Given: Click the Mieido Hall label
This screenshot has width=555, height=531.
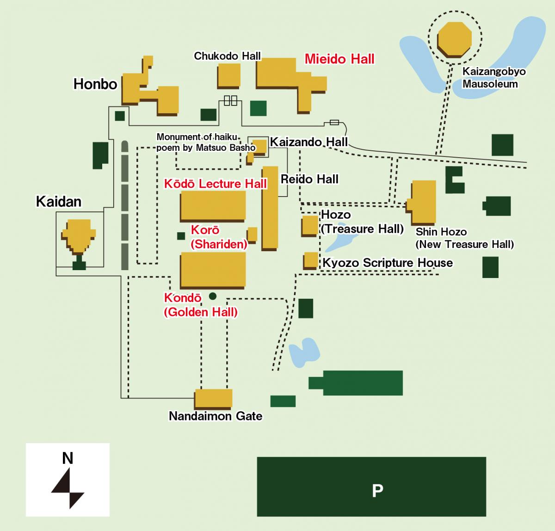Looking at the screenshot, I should coord(339,59).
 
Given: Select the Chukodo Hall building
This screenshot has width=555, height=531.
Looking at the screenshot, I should coord(229,75).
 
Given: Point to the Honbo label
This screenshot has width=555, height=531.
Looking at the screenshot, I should coord(95,84).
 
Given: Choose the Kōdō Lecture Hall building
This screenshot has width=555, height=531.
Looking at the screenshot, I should coord(213,205).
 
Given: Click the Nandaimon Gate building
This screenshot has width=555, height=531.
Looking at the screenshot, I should coord(213,398).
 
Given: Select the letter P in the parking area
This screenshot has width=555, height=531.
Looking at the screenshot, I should coord(377,490).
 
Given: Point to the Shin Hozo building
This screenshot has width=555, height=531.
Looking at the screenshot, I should coord(423,202).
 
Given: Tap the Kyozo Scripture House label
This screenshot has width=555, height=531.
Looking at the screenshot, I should coord(388,263).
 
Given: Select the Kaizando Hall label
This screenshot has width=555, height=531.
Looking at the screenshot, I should coord(308,142).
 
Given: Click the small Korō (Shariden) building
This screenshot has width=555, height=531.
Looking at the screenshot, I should coord(253,234).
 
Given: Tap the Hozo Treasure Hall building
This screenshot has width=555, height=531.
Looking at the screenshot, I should coord(309,225).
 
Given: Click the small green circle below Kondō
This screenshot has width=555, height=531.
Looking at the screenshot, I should coord(213,296).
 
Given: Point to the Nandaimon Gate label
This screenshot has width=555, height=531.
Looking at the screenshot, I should coord(216,416).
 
